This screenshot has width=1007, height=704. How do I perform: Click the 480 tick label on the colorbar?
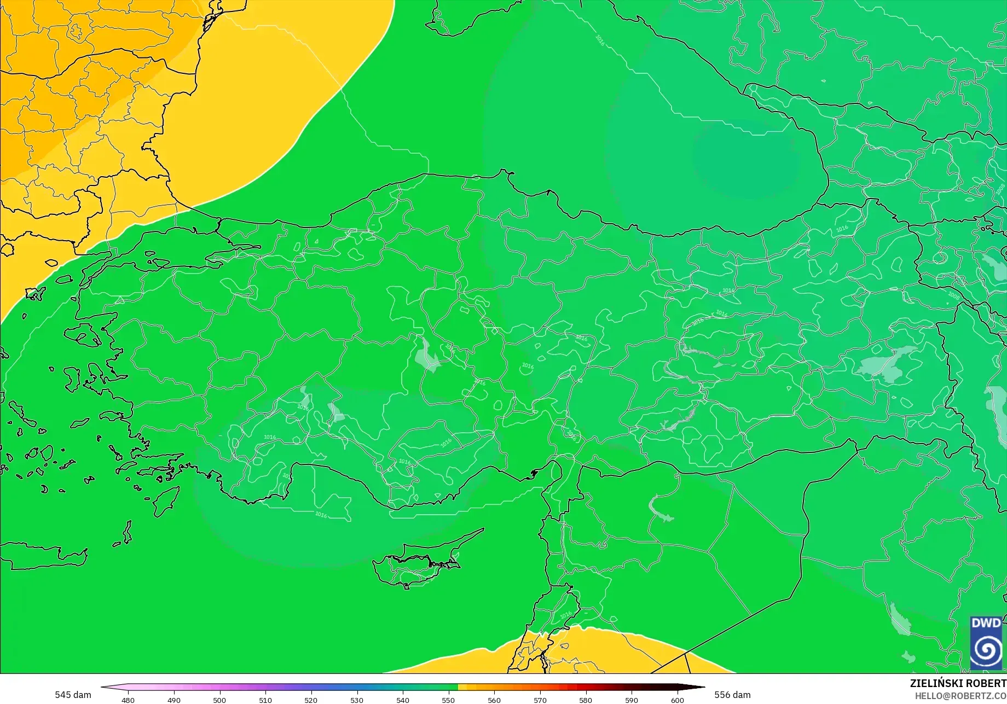point(128,700)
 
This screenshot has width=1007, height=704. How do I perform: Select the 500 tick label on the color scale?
point(219,700)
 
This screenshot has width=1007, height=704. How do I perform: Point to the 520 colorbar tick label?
point(311,700)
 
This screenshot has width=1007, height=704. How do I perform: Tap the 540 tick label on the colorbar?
point(403,700)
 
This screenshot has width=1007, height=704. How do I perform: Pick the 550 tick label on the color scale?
point(448,700)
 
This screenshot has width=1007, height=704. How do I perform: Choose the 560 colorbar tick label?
point(494,700)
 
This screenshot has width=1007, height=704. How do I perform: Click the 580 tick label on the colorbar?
point(586,700)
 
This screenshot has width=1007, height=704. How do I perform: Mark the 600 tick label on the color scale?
point(678,700)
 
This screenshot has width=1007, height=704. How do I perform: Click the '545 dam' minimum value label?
point(73,695)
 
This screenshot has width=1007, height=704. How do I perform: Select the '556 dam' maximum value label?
point(732,695)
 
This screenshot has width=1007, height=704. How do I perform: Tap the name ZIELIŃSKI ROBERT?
point(958,683)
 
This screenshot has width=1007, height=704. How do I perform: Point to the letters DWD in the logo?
point(986,623)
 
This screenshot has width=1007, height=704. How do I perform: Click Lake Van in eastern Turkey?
point(887,361)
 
